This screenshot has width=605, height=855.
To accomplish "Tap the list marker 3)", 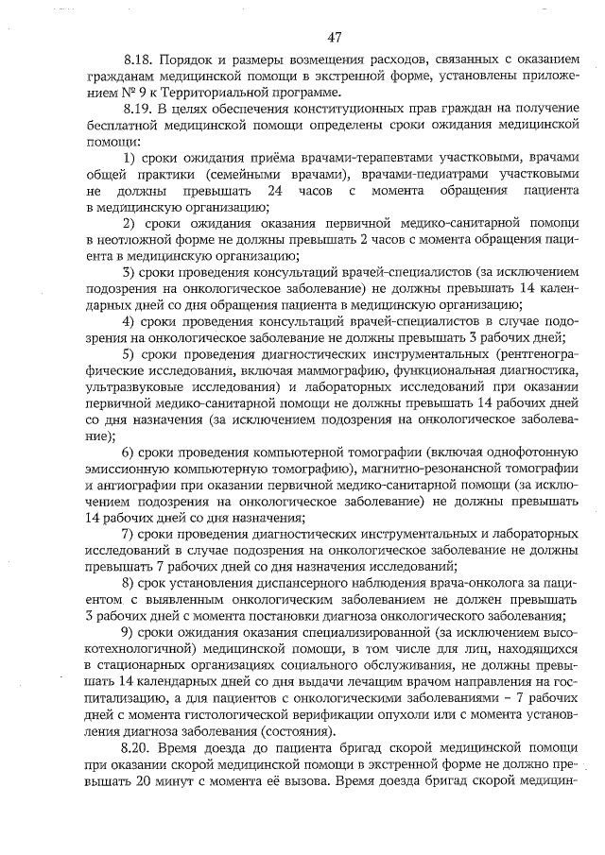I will coord(131,272).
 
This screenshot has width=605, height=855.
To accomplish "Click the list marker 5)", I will coord(131,353).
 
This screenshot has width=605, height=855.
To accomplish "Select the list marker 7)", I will coord(131,534).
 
